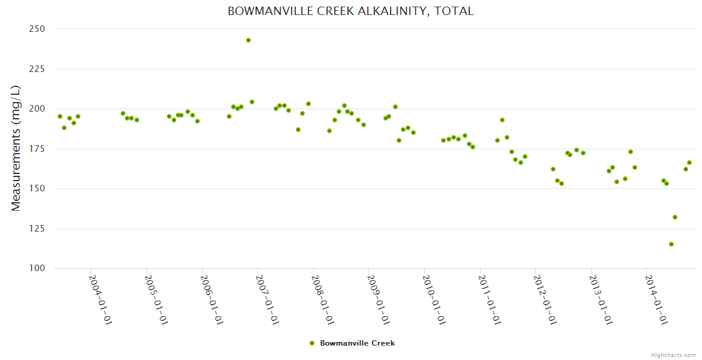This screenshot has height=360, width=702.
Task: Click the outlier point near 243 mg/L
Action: tap(248, 40)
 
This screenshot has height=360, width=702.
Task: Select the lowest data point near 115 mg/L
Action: tap(671, 244)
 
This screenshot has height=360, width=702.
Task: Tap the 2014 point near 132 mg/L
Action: tap(675, 217)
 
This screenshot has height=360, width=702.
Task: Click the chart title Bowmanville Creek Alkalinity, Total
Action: tap(350, 11)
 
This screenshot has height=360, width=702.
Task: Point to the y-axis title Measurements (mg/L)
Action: tap(16, 148)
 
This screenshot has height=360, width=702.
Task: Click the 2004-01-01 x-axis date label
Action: tap(100, 299)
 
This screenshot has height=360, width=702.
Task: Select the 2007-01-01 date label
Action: tap(267, 299)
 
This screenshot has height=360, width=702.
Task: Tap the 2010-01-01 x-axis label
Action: tap(434, 299)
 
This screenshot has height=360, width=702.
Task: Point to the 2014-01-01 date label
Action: tap(656, 299)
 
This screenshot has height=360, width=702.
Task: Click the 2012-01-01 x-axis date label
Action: tap(545, 299)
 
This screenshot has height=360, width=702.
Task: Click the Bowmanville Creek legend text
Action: tap(357, 343)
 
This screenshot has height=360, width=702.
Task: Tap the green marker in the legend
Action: tap(311, 343)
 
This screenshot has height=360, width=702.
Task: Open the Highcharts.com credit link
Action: tap(673, 355)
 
